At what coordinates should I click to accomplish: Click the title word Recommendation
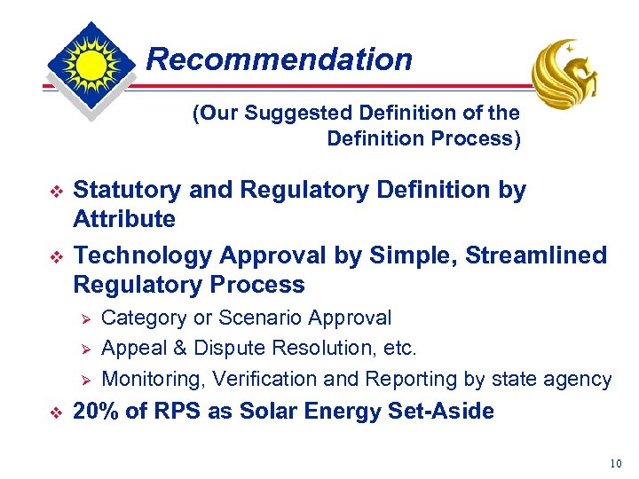coord(279,59)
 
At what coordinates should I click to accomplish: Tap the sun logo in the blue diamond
coord(91,65)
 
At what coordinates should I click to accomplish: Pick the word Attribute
coord(124,219)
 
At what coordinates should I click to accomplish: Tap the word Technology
coord(142,255)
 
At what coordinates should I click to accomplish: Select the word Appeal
coord(132,348)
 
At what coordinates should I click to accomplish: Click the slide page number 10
coord(617,463)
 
